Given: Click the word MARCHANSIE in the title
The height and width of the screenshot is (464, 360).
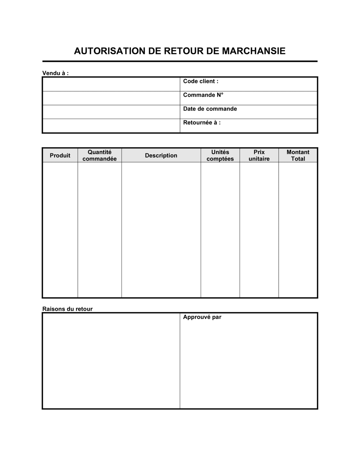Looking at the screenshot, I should [x=253, y=51].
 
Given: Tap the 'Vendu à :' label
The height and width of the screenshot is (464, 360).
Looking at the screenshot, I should [x=55, y=73].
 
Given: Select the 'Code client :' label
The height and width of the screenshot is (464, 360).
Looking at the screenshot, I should [x=201, y=81].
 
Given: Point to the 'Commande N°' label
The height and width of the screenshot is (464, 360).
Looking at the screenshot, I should [x=203, y=95].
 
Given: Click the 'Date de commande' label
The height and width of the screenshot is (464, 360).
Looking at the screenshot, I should [x=210, y=109].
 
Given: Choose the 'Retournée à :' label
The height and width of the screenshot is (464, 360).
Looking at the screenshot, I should [x=202, y=123].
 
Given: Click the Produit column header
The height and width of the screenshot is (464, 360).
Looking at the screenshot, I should [x=60, y=155].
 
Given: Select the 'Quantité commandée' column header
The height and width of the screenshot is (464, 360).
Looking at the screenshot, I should [x=100, y=155].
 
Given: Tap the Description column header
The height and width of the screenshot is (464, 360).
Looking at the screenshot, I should [x=161, y=155].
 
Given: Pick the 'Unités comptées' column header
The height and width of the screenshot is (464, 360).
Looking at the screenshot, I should [x=220, y=155].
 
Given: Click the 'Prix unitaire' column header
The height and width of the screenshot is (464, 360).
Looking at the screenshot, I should [x=259, y=155].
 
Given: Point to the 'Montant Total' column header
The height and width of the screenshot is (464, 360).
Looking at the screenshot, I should [x=298, y=155].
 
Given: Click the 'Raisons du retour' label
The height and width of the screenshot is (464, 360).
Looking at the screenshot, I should [x=67, y=309].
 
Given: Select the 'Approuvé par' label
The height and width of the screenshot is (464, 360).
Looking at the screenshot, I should [x=202, y=317].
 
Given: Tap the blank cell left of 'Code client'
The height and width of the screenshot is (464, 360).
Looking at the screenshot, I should [x=111, y=84].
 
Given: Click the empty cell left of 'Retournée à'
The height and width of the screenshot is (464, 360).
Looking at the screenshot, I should [x=111, y=126].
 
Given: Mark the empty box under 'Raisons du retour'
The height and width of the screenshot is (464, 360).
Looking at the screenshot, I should [x=111, y=361].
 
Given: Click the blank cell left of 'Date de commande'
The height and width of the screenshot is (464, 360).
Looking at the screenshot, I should [x=111, y=112].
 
